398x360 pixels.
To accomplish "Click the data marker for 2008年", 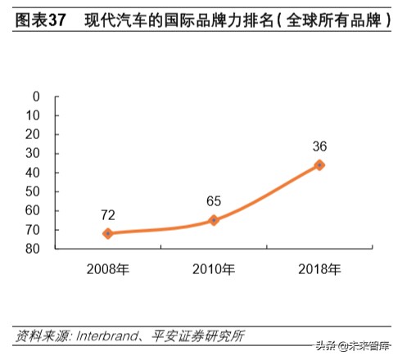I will pyautogui.click(x=108, y=233).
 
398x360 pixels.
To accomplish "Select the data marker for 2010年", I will pyautogui.click(x=214, y=220).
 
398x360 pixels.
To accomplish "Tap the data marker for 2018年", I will pyautogui.click(x=319, y=165).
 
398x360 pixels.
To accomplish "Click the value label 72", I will pyautogui.click(x=108, y=215).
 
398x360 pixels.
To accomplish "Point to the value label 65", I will pyautogui.click(x=214, y=201).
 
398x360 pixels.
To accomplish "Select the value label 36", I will pyautogui.click(x=319, y=146).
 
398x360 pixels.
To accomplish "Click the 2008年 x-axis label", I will pyautogui.click(x=108, y=268).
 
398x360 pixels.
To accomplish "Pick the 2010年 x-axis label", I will pyautogui.click(x=214, y=268).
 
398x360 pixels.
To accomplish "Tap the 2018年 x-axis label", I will pyautogui.click(x=319, y=268).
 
